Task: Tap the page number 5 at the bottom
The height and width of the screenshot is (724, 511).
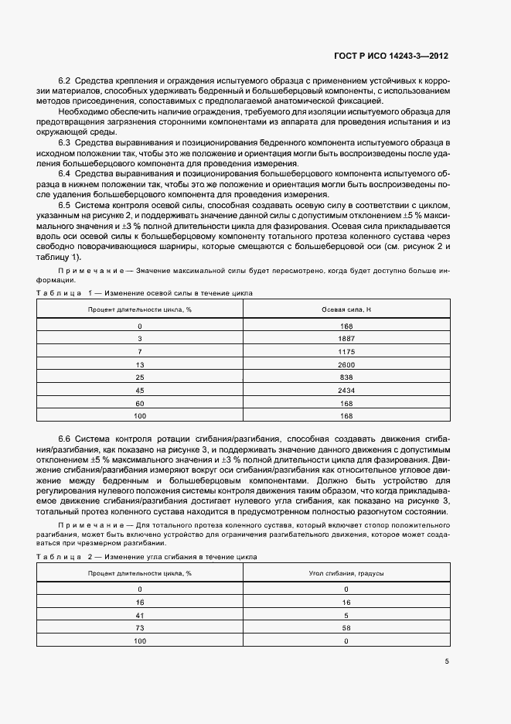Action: [x=447, y=661]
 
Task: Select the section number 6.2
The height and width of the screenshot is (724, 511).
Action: [x=66, y=81]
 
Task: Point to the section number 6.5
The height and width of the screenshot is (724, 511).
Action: [x=66, y=205]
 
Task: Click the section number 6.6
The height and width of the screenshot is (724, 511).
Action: [x=66, y=439]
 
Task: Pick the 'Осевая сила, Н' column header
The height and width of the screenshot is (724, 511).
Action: [x=346, y=309]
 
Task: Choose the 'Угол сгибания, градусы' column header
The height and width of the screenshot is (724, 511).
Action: [x=346, y=574]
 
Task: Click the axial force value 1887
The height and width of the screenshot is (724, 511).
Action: [x=346, y=339]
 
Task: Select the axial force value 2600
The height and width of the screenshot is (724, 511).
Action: [x=346, y=364]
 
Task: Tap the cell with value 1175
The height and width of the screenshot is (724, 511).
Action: [x=346, y=351]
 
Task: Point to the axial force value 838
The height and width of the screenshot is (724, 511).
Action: [x=346, y=377]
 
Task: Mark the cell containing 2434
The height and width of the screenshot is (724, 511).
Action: [x=346, y=390]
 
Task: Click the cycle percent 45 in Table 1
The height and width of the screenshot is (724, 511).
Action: [x=140, y=390]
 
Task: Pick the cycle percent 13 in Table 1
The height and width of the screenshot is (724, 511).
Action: [x=140, y=364]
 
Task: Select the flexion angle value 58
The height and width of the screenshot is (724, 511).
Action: [x=346, y=628]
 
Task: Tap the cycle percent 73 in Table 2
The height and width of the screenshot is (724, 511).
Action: [x=140, y=628]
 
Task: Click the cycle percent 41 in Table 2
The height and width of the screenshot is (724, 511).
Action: [x=140, y=615]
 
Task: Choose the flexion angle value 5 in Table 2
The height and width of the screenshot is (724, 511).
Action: [x=346, y=615]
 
